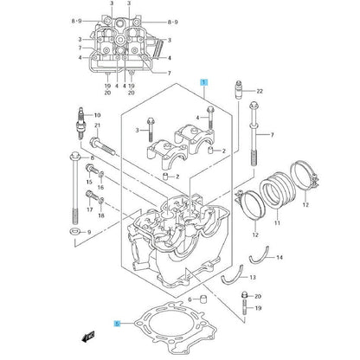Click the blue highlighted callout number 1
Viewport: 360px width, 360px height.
point(204,82)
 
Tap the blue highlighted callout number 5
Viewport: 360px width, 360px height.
point(117,324)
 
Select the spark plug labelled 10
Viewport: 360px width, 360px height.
point(80,123)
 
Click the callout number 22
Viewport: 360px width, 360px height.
point(260,91)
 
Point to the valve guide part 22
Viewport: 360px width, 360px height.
point(239,91)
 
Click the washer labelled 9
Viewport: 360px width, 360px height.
point(75,231)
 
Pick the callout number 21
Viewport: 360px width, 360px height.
point(98,125)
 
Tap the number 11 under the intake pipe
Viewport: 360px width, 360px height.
point(277,223)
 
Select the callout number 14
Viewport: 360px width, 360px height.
point(280,257)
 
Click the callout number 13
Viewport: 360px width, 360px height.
point(253,278)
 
